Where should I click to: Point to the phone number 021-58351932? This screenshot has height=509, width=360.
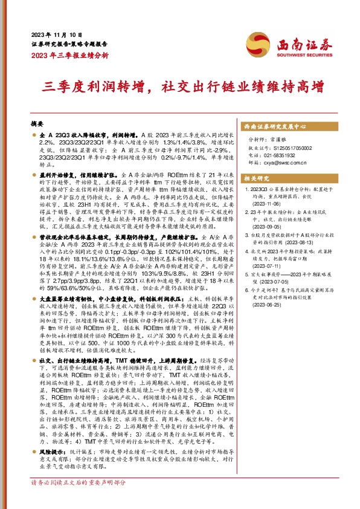pyautogui.click(x=288, y=155)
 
